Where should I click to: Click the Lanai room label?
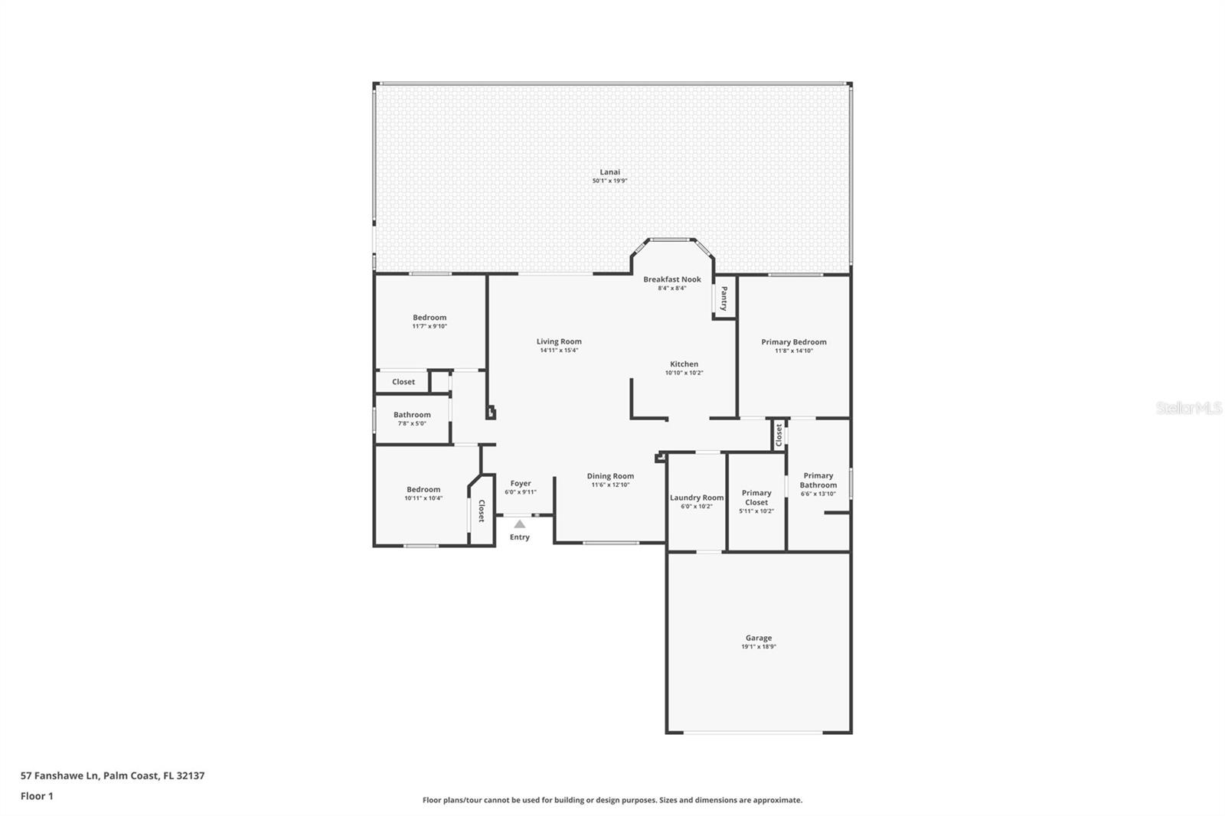pos(609,171)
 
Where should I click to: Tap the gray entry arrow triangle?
pos(520,524)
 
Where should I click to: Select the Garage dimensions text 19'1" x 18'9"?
pos(759,647)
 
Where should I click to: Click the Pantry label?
pos(724,299)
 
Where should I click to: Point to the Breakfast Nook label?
pos(672,279)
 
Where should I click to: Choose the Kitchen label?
pos(684,364)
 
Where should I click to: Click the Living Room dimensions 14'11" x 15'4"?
pos(559,350)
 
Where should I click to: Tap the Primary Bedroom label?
pos(793,342)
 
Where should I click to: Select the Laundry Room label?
pos(697,498)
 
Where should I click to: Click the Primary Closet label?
pos(756,497)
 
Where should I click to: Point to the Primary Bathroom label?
pos(818,480)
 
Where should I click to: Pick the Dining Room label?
pos(610,476)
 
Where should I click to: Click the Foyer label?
pos(521,484)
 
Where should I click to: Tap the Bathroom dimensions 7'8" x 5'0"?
pos(412,423)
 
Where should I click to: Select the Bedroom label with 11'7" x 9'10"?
pos(430,317)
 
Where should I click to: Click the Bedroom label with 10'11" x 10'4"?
pos(423,489)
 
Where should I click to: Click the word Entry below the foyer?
pos(520,537)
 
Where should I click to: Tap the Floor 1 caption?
pos(37,796)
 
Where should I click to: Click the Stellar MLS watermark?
pos(1188,407)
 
